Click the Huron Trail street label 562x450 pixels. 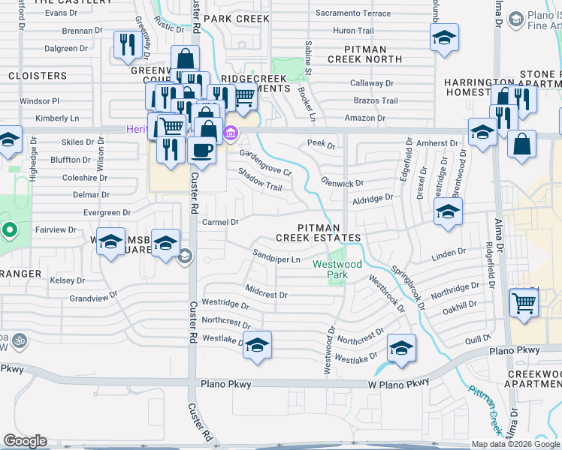[x=353, y=31]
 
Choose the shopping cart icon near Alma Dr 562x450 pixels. [x=524, y=303]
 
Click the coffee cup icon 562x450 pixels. [x=201, y=149]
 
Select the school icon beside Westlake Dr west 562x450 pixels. [x=257, y=345]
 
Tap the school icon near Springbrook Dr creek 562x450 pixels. [x=401, y=348]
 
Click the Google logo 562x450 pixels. [x=25, y=441]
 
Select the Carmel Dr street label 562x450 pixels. [x=219, y=222]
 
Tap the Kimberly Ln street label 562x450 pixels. [x=57, y=118]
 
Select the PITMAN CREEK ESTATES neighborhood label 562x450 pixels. [x=319, y=232]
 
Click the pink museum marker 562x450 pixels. [x=231, y=135]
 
